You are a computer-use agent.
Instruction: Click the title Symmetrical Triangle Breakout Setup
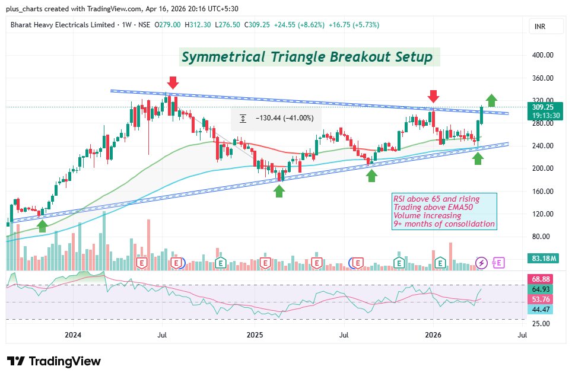point(307,57)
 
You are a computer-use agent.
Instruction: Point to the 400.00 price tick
point(542,55)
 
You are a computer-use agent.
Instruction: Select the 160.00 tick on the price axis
point(542,191)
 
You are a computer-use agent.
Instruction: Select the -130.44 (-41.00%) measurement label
point(277,118)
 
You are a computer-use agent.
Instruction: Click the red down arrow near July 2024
point(173,82)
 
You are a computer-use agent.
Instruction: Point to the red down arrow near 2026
point(434,96)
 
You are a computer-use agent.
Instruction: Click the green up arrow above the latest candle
point(491,100)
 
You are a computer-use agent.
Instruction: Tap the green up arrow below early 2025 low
point(279,190)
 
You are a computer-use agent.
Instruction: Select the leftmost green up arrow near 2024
point(42,225)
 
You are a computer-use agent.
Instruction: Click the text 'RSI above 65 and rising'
point(436,198)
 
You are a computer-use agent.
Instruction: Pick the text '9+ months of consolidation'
point(444,224)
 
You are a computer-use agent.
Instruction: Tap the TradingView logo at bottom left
point(54,361)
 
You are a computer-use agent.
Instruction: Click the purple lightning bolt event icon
point(482,262)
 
